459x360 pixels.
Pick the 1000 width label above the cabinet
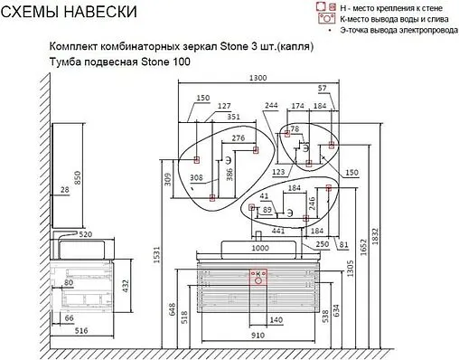pos(260,248)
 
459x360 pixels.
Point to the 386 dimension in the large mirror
pos(229,173)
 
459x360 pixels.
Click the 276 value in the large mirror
pos(239,138)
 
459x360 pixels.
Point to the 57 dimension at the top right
pos(322,89)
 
